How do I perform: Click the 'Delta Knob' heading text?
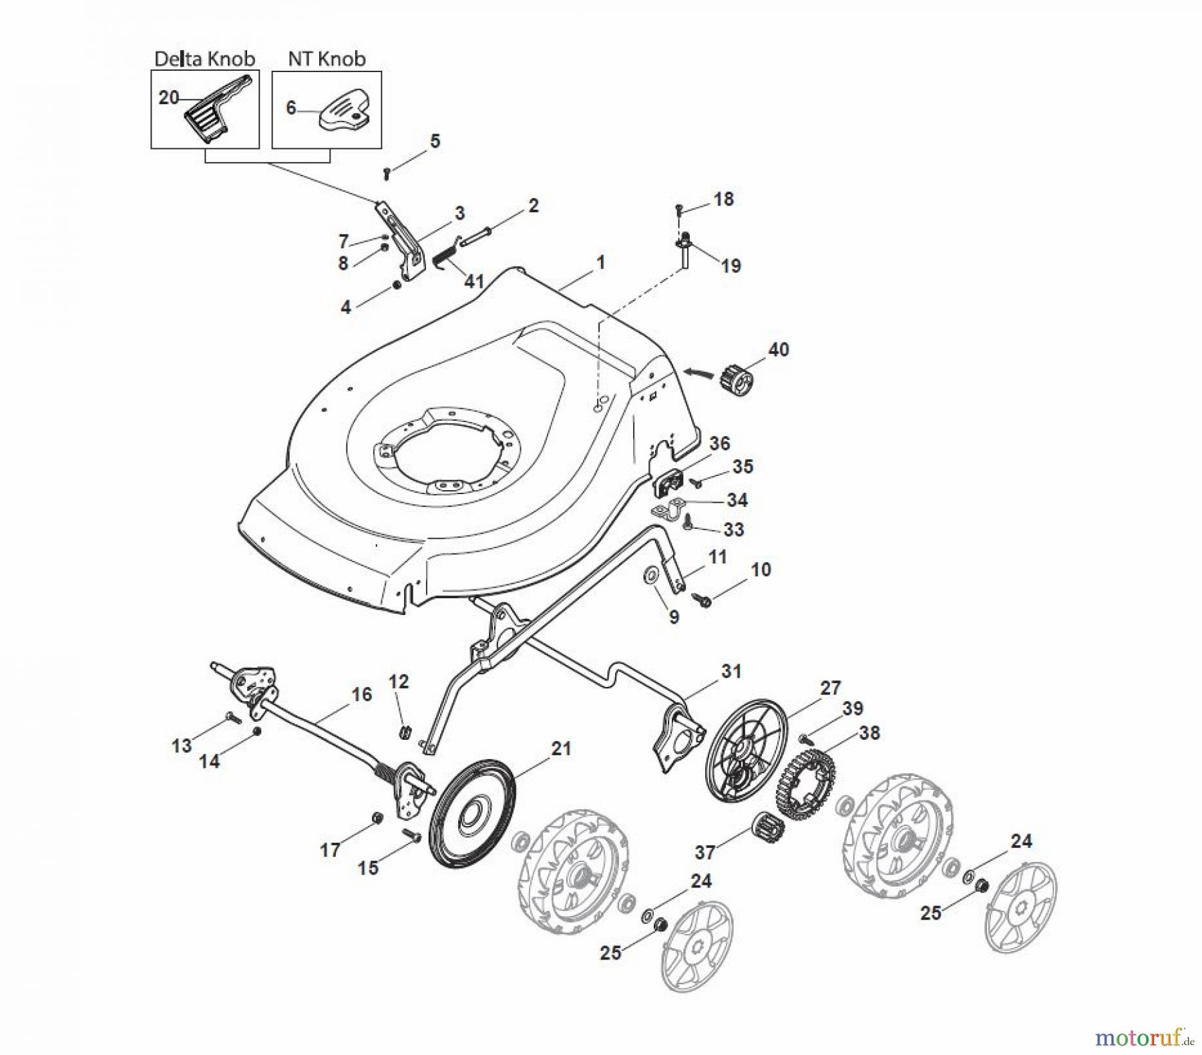tap(204, 59)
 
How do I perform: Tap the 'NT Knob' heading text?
tap(327, 59)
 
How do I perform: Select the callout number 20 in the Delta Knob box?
tap(168, 98)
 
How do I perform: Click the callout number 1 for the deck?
tap(600, 262)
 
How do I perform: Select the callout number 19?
tap(731, 266)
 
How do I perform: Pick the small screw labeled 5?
tap(387, 174)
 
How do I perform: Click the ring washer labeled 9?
tap(650, 576)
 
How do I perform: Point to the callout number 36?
tap(720, 443)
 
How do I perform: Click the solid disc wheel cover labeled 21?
tap(471, 814)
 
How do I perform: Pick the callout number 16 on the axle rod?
tap(361, 694)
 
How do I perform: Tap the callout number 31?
tap(731, 671)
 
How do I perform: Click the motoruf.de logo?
tap(1143, 1037)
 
